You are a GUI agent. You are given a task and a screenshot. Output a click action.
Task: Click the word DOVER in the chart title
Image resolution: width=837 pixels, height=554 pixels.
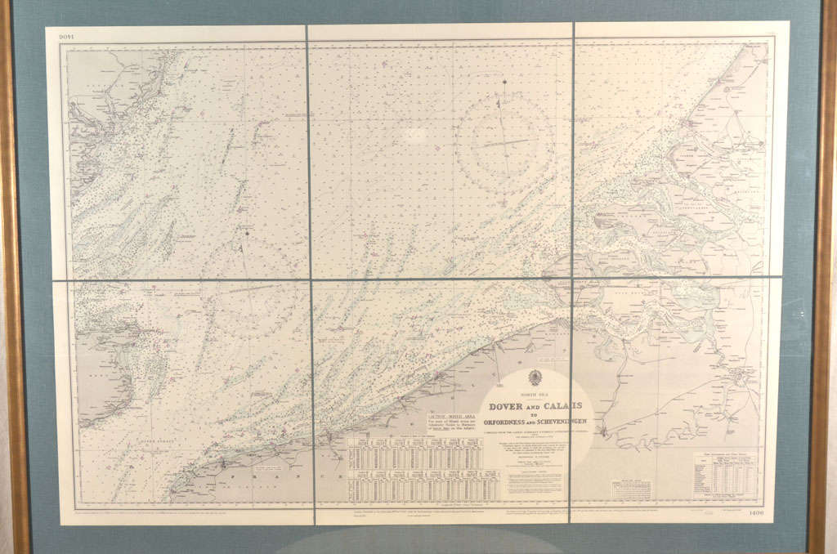pos(505,406)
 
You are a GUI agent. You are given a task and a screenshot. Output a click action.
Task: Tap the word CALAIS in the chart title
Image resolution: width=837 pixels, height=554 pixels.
pos(562,406)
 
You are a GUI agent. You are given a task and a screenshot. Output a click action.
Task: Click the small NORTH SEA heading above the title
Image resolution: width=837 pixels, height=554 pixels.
pos(535,395)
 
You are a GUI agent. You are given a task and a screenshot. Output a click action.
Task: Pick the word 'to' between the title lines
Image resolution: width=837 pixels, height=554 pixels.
pos(535,414)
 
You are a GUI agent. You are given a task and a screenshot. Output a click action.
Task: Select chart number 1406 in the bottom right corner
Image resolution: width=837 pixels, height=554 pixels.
pos(754,512)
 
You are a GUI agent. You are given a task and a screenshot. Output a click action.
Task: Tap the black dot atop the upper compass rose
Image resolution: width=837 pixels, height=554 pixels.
pos(504,83)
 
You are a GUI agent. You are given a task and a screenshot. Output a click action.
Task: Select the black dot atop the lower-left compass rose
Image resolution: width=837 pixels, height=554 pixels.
pos(246,233)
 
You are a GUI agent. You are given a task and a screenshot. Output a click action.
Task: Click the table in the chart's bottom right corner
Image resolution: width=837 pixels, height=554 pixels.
pos(726,474)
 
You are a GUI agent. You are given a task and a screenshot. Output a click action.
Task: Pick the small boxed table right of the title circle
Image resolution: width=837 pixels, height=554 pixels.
pos(630,489)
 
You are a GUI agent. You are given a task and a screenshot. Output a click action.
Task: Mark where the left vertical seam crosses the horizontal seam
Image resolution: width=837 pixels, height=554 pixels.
pos(310,280)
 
